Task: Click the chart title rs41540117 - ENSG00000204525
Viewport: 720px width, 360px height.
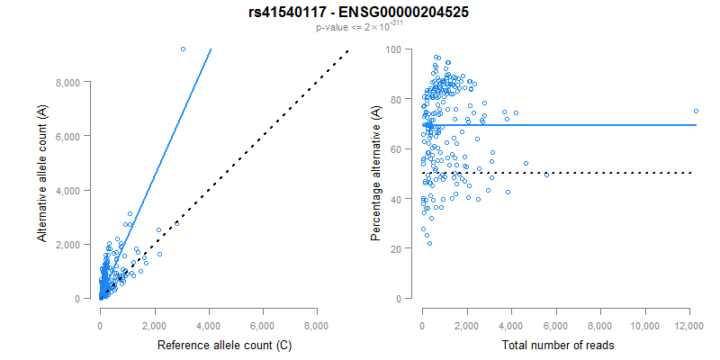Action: point(359,13)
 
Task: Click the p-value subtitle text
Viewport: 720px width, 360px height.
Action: point(359,27)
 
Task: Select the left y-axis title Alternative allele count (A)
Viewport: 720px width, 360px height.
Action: point(42,174)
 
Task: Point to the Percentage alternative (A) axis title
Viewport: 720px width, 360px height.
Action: point(376,174)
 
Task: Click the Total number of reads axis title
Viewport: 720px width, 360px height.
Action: point(558,346)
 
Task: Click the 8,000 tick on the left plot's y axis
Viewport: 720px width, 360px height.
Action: point(69,82)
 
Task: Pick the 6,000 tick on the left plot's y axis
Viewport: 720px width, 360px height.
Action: point(69,136)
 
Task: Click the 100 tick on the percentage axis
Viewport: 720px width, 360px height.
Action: point(392,49)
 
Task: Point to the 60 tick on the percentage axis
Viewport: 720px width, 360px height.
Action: point(395,148)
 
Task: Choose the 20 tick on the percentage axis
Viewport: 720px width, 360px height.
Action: point(395,248)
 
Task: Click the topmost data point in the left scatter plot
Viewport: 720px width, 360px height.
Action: point(183,49)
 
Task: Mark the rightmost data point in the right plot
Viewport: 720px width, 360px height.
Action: point(696,112)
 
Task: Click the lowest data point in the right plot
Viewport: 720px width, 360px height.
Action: point(429,244)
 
